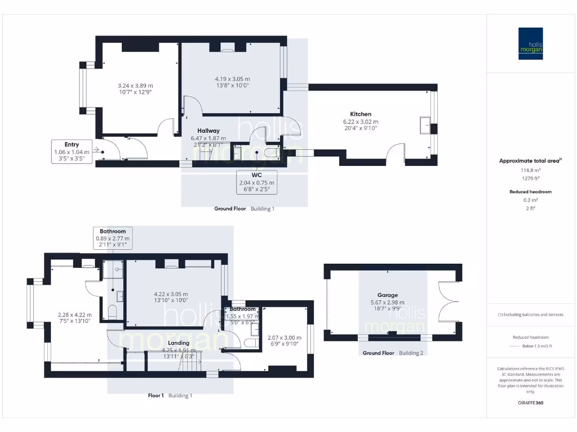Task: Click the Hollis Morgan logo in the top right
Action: (x=531, y=43)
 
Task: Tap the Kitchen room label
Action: (x=361, y=114)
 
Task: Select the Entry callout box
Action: (x=72, y=151)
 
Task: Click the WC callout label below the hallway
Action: (x=256, y=182)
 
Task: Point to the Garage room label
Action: (x=388, y=295)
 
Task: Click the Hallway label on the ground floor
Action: (x=208, y=130)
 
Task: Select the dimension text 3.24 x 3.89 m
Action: (x=135, y=85)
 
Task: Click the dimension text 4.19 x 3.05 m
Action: (x=232, y=79)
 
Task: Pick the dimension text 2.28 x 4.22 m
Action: (x=74, y=314)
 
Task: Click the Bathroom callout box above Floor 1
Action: (x=113, y=238)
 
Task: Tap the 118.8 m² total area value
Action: (x=530, y=170)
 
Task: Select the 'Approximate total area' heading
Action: (x=530, y=161)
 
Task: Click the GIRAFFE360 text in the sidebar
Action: (x=530, y=403)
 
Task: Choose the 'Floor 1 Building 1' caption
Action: (x=170, y=395)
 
